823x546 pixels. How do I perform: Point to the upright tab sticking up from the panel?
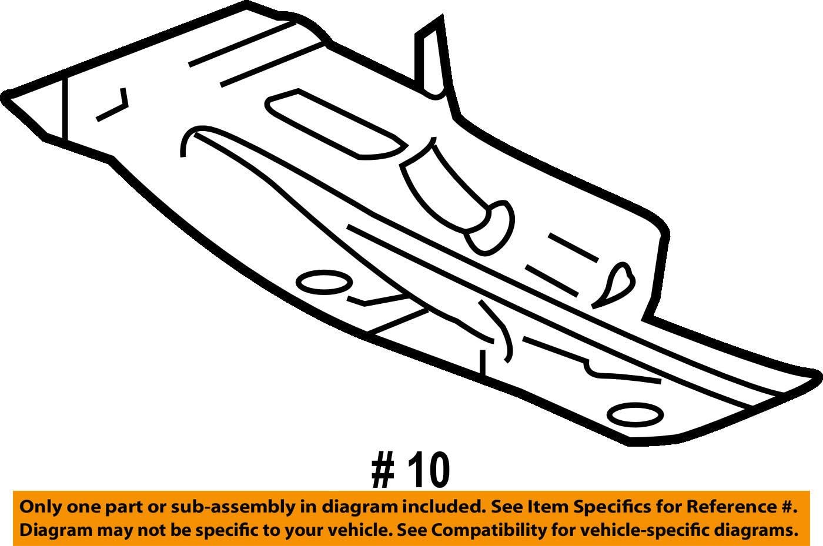pyautogui.click(x=431, y=59)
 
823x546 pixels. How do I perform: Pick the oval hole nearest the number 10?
pyautogui.click(x=635, y=415)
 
